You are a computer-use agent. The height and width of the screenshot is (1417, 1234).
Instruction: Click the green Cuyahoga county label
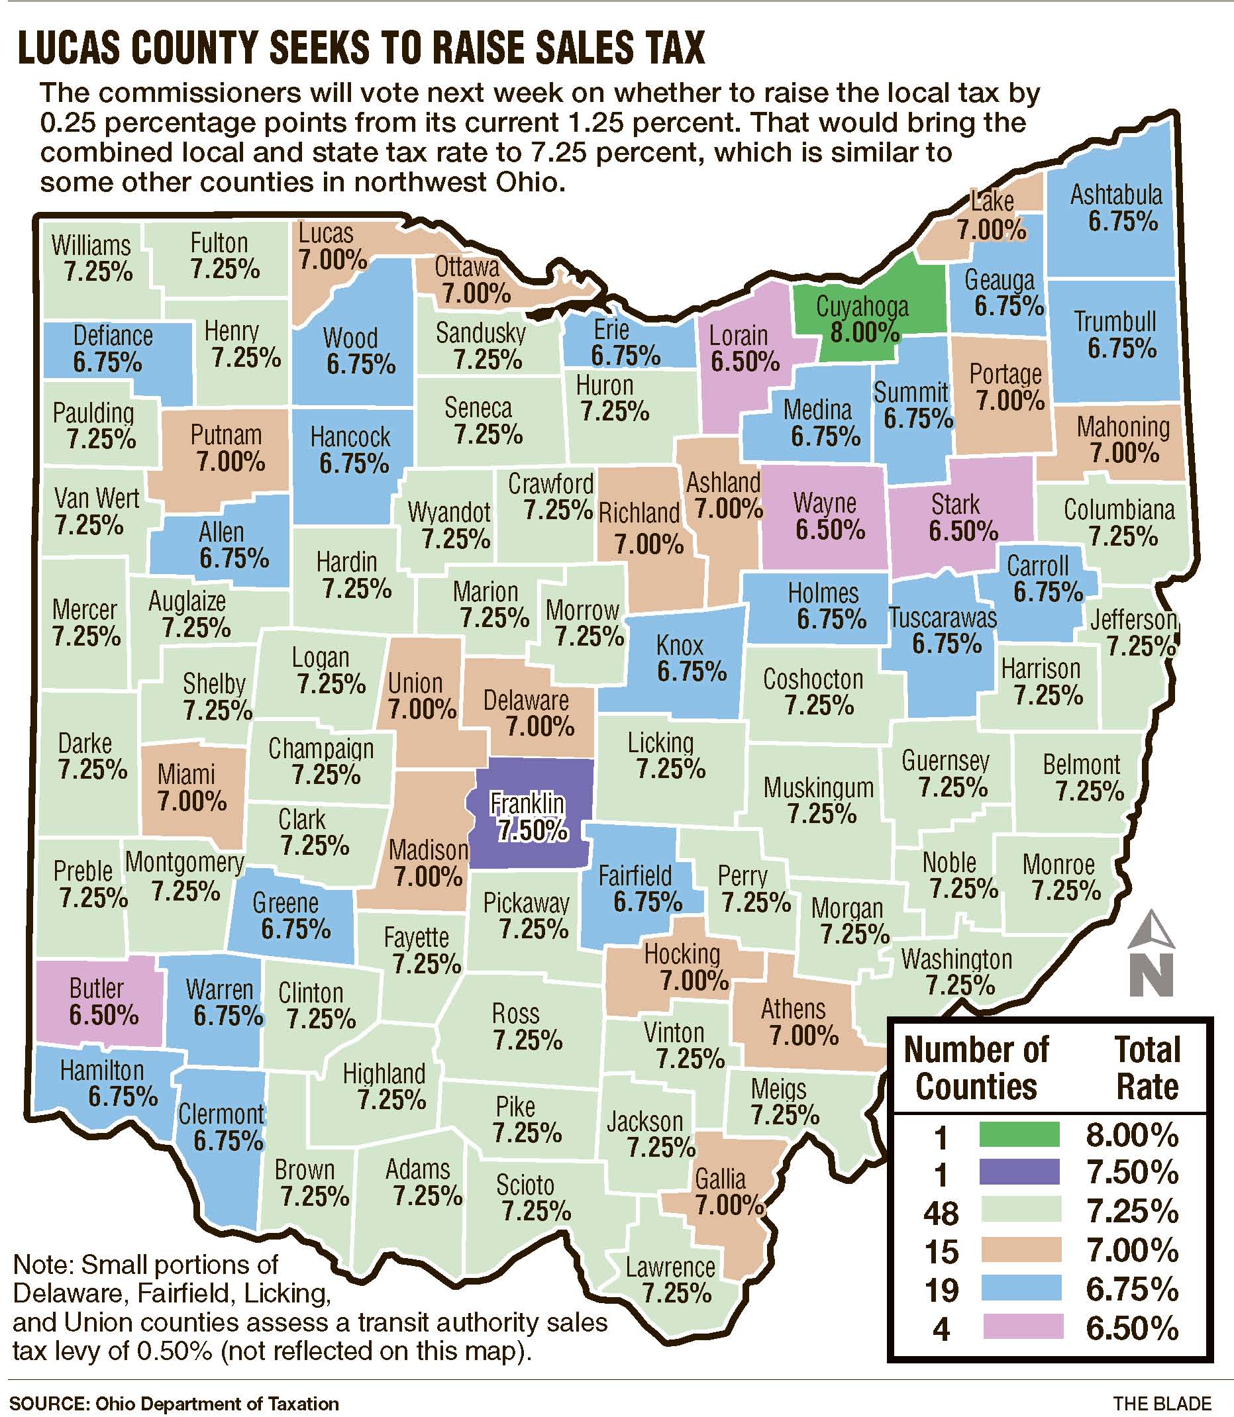(x=862, y=307)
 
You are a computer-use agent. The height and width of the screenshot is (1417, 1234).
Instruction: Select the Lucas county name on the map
(x=326, y=234)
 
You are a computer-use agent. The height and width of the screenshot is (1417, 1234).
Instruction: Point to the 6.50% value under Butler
(x=104, y=1015)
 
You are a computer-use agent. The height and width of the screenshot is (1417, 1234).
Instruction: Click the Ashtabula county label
(x=1115, y=195)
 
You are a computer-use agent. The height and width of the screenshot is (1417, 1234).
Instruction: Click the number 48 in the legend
(x=941, y=1212)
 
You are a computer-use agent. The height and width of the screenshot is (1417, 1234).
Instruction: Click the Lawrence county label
(x=670, y=1267)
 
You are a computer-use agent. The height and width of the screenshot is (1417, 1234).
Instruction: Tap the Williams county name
(x=91, y=245)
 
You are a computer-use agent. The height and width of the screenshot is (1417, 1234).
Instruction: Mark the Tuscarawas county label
(x=942, y=618)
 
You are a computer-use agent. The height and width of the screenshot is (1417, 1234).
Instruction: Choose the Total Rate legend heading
(x=1147, y=1068)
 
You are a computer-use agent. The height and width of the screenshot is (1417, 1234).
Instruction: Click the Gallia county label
(x=719, y=1179)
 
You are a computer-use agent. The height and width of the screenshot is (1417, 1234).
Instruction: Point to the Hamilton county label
(x=102, y=1070)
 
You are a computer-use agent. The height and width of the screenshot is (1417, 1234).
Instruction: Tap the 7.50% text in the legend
(x=1132, y=1173)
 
